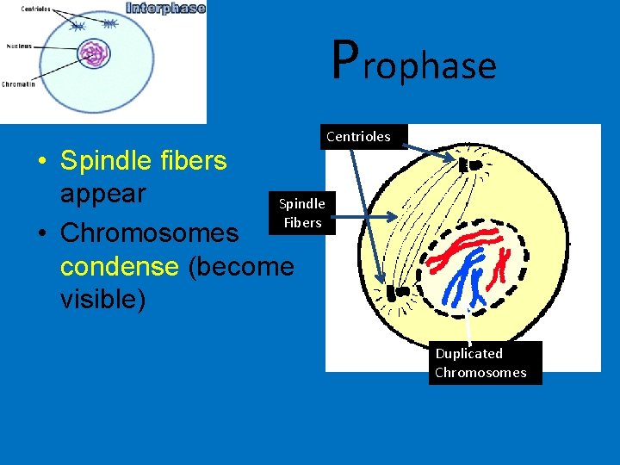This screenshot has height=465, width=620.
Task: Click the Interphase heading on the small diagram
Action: (x=165, y=9)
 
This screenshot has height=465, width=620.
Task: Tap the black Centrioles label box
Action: (x=358, y=136)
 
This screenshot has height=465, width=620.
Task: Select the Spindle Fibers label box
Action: (x=301, y=213)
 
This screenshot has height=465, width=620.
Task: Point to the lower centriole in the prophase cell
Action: (x=396, y=294)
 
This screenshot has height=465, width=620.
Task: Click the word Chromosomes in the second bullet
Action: (x=150, y=233)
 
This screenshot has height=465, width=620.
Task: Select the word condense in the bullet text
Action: (x=116, y=266)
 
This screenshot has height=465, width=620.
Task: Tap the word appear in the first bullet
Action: (x=102, y=193)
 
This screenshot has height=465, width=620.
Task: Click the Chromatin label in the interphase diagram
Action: (x=18, y=84)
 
